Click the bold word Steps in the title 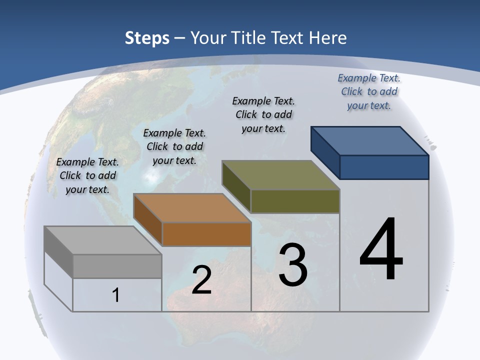[147, 38]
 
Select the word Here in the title [328, 38]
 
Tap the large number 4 [381, 249]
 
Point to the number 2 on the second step [201, 280]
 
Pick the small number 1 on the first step [116, 295]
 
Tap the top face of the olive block [280, 175]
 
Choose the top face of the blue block [369, 141]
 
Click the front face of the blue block [384, 167]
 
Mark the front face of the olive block [295, 201]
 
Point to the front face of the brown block [206, 234]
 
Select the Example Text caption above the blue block [369, 91]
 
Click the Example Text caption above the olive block [263, 114]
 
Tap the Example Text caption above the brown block [174, 146]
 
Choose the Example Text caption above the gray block [87, 175]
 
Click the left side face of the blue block [325, 152]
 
